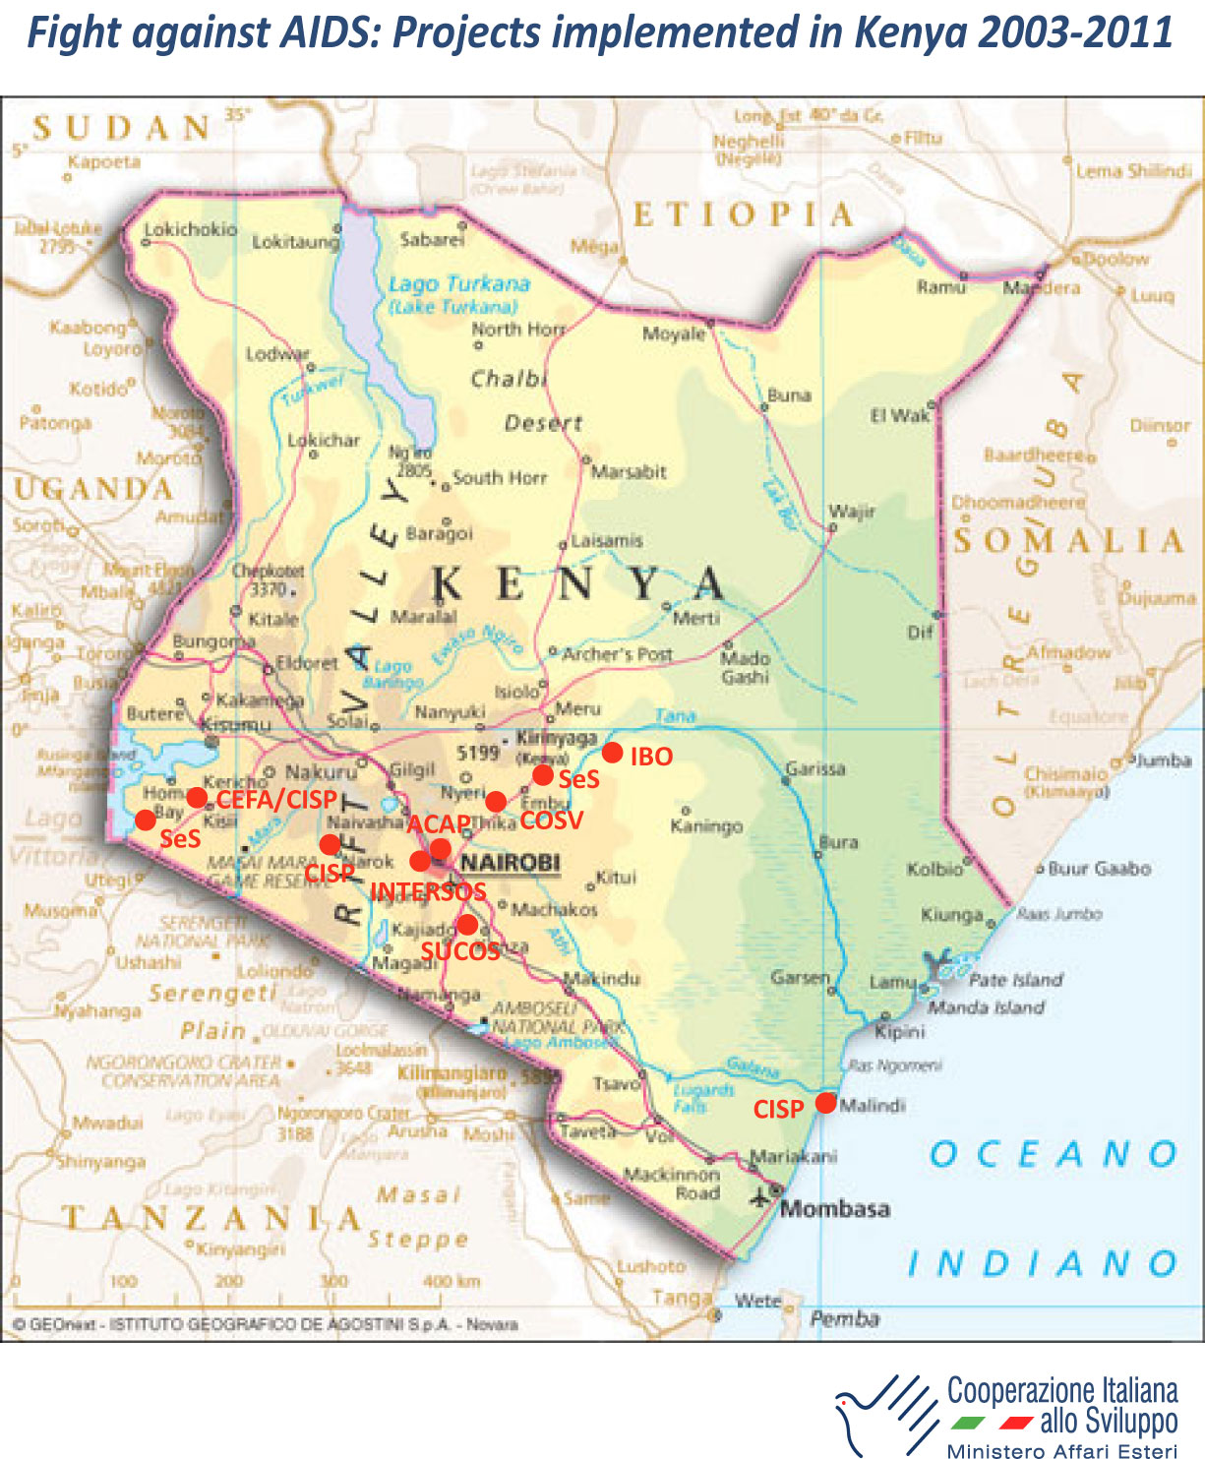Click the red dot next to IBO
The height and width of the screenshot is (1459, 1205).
pos(612,754)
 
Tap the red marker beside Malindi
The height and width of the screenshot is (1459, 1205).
pos(826,1103)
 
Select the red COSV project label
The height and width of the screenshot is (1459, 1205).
pos(552,821)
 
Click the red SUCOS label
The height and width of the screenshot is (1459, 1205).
pos(460,950)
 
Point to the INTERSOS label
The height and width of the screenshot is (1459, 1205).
pos(428,891)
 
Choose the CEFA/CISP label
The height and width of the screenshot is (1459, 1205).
pos(276,799)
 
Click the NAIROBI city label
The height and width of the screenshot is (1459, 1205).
pos(510,863)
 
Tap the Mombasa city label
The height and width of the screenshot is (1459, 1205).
pos(834,1208)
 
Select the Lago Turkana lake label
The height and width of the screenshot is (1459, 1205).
pos(458,284)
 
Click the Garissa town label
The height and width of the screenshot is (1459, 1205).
pos(815,768)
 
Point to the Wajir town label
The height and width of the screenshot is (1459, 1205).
pos(852,511)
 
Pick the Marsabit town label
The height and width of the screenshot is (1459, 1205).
pos(630,472)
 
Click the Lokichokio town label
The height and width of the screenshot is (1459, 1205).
pos(191,229)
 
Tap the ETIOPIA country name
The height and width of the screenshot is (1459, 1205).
pos(743,213)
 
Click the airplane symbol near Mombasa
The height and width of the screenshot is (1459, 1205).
pos(760,1197)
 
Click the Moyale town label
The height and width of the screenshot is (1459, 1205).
pos(674,334)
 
